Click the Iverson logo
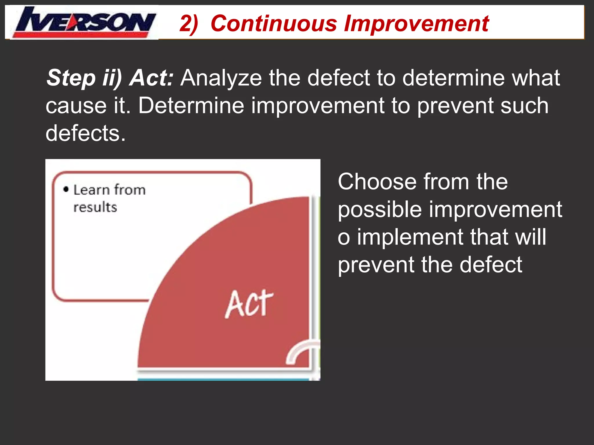(84, 23)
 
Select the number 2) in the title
(189, 23)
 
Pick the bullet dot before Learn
(66, 189)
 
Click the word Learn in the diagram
(91, 190)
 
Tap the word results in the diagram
(95, 207)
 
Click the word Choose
(377, 182)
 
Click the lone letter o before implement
(344, 238)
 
